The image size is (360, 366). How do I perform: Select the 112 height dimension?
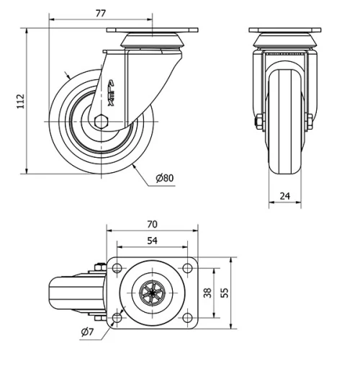tap(20, 100)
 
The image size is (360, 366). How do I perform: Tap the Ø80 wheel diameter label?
tap(165, 177)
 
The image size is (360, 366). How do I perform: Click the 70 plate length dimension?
tap(152, 224)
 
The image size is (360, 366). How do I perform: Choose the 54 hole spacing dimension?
tap(152, 241)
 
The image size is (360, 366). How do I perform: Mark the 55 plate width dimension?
tap(223, 293)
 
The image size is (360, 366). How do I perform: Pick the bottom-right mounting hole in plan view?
tap(186, 317)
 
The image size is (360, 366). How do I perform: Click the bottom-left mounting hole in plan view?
tap(117, 317)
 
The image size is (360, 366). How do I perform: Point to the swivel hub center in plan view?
tap(152, 293)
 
